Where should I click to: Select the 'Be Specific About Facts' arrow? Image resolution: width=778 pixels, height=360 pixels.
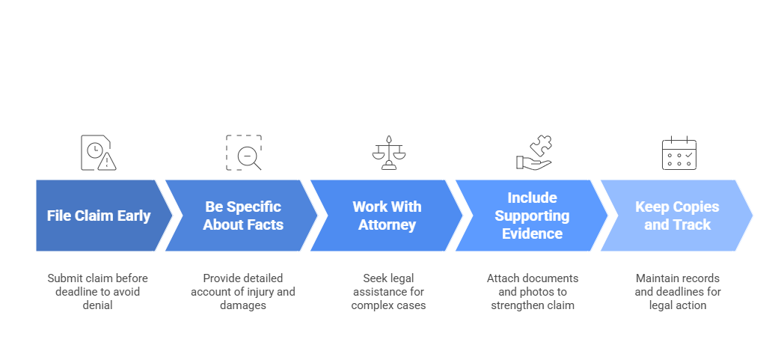point(243,216)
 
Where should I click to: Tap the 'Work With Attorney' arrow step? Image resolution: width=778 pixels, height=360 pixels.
point(387,216)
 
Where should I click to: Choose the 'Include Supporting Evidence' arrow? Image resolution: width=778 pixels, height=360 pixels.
point(532,216)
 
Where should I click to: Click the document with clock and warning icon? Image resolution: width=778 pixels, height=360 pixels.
point(98,153)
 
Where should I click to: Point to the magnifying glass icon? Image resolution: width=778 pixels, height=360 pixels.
point(244,153)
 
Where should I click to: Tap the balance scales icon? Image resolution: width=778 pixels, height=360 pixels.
point(388,153)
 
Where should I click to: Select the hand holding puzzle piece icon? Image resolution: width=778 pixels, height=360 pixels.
point(533,153)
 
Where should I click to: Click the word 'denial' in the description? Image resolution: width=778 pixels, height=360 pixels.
point(97,305)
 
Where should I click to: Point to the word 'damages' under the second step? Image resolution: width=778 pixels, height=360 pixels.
point(243,305)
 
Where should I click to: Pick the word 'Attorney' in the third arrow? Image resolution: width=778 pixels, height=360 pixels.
point(387,225)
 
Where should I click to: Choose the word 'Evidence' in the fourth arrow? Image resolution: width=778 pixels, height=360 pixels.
point(532,234)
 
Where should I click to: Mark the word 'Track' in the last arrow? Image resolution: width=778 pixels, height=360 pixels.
point(691,225)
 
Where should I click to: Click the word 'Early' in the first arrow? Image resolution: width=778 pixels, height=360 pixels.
point(131,216)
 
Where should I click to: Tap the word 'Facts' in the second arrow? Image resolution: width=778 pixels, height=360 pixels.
point(266,225)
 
